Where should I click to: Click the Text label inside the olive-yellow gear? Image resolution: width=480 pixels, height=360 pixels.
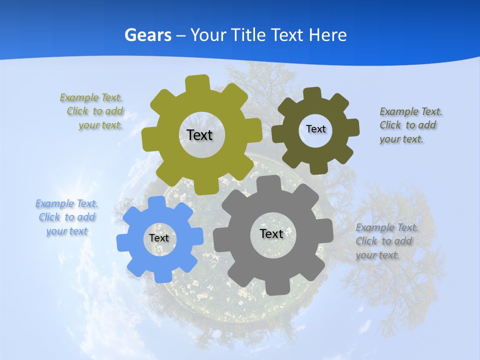tap(199, 135)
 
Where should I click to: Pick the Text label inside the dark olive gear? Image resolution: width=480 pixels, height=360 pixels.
tap(315, 129)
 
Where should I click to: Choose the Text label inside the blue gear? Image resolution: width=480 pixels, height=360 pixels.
tap(159, 238)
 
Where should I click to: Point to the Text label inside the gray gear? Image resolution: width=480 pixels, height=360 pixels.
tap(271, 233)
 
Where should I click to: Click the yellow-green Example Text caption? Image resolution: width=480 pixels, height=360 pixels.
tap(92, 111)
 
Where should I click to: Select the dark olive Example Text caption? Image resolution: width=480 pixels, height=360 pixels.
tap(410, 125)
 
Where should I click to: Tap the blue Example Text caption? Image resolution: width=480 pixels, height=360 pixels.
tap(67, 217)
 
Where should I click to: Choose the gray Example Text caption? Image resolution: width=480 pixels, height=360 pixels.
tap(386, 241)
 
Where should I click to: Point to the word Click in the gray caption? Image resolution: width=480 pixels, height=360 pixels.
tap(366, 241)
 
